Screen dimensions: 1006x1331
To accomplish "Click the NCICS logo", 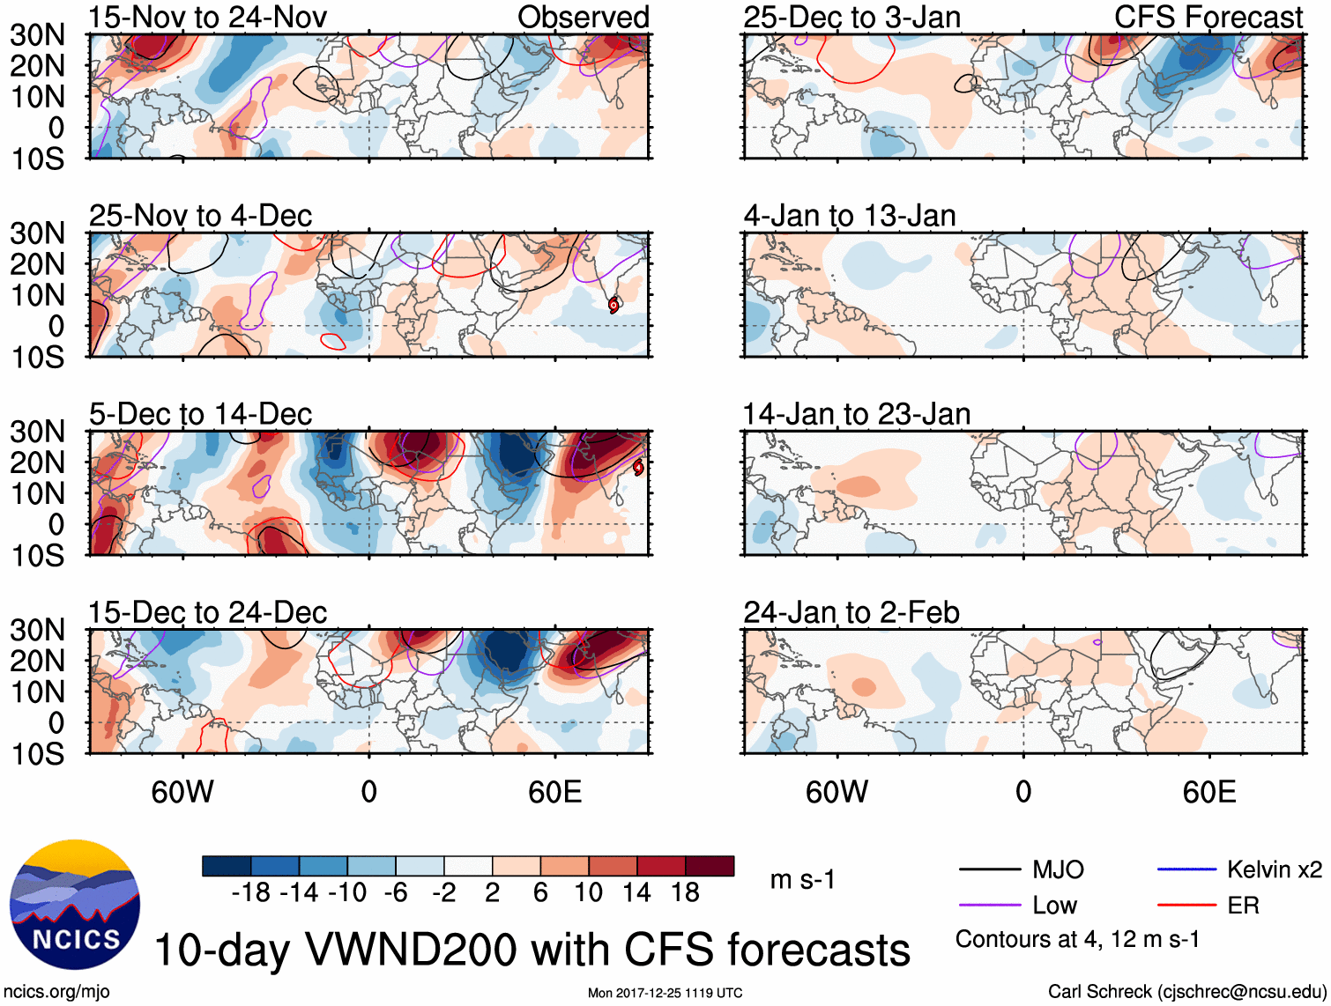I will pos(74,904).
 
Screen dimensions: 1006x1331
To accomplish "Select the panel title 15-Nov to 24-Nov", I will pos(207,18).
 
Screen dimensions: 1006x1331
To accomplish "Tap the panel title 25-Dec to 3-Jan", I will pos(851,18).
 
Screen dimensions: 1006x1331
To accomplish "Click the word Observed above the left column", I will pos(583,18).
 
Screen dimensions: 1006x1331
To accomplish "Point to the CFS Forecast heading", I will pos(1208,18).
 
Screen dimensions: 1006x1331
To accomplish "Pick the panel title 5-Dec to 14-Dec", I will pos(200,414).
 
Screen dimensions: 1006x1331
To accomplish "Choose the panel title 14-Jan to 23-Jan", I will pos(856,414).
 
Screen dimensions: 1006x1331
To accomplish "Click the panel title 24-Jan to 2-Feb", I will pos(851,612).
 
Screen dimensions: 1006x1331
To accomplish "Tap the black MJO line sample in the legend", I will pos(989,870).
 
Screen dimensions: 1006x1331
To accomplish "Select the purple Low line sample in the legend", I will pos(989,906).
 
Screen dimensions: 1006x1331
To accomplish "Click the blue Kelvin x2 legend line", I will pos(1186,870).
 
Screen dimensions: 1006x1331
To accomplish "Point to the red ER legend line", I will pos(1186,906).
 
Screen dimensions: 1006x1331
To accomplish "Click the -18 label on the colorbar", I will pos(250,893).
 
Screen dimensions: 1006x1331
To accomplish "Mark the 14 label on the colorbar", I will pos(636,893).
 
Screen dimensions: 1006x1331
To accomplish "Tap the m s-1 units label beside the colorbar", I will pos(802,880).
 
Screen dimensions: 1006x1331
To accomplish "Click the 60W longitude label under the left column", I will pos(182,792).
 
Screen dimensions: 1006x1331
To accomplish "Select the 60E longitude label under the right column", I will pos(1208,792).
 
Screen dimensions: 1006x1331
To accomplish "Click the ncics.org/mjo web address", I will pos(56,992).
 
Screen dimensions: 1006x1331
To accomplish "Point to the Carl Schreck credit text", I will pos(1186,992).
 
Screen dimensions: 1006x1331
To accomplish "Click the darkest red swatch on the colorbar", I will pos(710,866).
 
